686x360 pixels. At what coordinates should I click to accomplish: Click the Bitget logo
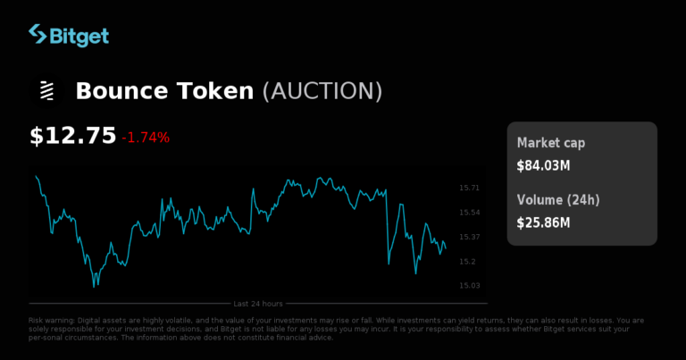coord(69,36)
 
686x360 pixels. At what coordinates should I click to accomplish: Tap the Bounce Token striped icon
coord(46,91)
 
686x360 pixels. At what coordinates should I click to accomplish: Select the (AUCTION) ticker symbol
coord(322,91)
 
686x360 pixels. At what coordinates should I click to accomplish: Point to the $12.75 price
coord(73,136)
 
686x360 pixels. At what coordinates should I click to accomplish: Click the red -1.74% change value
coord(146,138)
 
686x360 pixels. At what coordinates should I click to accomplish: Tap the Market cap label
coord(552,143)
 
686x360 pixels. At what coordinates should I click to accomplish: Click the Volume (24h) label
coord(558,199)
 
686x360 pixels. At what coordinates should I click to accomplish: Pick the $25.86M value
coord(543,222)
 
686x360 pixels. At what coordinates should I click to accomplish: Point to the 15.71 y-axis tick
coord(469,188)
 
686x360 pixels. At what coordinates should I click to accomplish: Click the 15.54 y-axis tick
coord(469,213)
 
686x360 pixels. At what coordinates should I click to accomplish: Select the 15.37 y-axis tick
coord(469,237)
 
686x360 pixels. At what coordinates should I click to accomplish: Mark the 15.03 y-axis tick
coord(469,286)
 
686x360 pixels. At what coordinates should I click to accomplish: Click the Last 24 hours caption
coord(258,304)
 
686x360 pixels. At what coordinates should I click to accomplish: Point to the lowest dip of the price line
coord(95,286)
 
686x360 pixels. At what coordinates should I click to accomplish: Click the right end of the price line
coord(446,247)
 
